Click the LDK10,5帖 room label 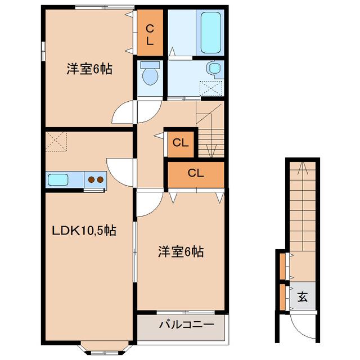[x=84, y=231]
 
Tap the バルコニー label [x=186, y=325]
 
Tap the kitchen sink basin [x=58, y=180]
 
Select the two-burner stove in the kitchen [x=95, y=180]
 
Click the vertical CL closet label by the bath [x=150, y=34]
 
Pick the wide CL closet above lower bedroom [x=196, y=173]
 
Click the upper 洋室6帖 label [x=89, y=70]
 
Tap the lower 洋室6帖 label [x=180, y=252]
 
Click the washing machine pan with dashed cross [x=211, y=88]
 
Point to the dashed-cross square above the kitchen [x=56, y=141]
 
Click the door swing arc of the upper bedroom [x=123, y=115]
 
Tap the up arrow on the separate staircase [x=302, y=166]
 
